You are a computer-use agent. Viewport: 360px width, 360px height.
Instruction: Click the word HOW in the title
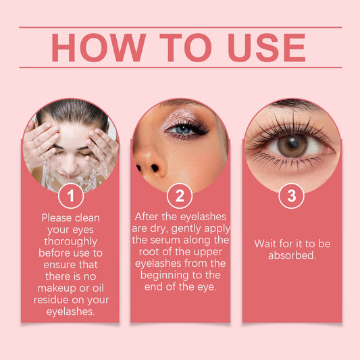[99, 47]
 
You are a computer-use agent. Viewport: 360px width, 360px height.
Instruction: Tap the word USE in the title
[267, 47]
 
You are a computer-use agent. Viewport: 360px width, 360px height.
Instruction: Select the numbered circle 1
[71, 196]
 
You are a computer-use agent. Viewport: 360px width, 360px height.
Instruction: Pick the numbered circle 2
[180, 196]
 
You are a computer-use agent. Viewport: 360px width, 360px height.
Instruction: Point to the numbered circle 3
[291, 196]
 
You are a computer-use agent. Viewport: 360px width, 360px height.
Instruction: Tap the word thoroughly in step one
[71, 242]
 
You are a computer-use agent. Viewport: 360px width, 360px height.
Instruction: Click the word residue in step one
[51, 300]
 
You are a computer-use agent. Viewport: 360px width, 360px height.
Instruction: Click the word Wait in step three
[265, 244]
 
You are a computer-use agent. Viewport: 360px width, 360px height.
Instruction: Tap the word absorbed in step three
[292, 255]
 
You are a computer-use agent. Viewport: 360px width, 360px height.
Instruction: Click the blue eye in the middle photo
[183, 130]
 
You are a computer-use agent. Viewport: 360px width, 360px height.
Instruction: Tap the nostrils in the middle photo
[148, 168]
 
